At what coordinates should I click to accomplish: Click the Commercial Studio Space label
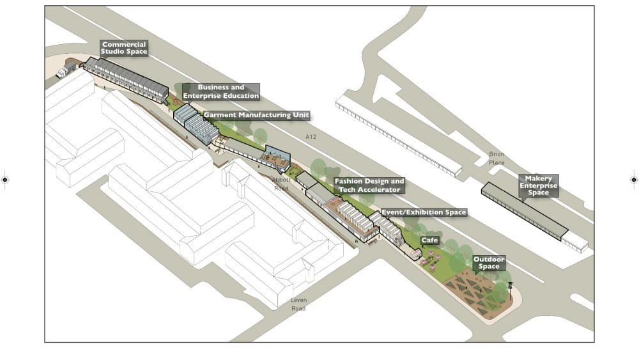point(124,48)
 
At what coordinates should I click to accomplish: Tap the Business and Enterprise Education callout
point(220,91)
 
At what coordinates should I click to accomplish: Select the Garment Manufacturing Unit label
point(256,115)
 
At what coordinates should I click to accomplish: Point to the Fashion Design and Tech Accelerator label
point(369,185)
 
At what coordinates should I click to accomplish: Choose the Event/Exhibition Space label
point(424,212)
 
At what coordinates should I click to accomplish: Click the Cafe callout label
point(429,240)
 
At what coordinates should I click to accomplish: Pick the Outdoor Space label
point(489,263)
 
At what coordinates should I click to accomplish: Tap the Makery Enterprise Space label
point(538,185)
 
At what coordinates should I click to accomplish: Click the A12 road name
point(311,137)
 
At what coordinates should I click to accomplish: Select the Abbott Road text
point(281,184)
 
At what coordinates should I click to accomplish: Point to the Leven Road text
point(298,304)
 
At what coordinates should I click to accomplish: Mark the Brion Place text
point(497,158)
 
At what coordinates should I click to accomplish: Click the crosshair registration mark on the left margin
point(5,180)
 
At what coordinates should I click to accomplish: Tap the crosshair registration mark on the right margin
point(634,180)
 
